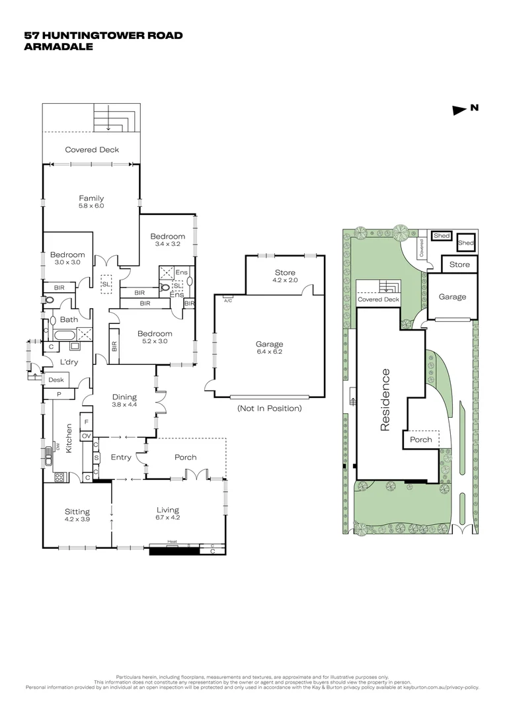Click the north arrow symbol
[x=459, y=110]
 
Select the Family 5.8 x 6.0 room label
[x=91, y=202]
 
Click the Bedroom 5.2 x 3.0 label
[x=155, y=337]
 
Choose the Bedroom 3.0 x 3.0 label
[x=67, y=258]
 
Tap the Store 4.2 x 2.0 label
[x=285, y=276]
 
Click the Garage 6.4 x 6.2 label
[x=269, y=348]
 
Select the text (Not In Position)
[x=269, y=408]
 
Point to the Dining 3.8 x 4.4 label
[x=124, y=400]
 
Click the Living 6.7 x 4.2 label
[x=168, y=513]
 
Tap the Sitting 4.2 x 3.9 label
[x=77, y=515]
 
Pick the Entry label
[x=121, y=457]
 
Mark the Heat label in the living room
[x=172, y=541]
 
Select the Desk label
[x=55, y=380]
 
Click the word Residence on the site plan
[x=385, y=401]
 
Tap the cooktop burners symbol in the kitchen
[x=58, y=476]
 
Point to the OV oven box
[x=86, y=436]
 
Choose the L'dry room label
[x=69, y=362]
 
